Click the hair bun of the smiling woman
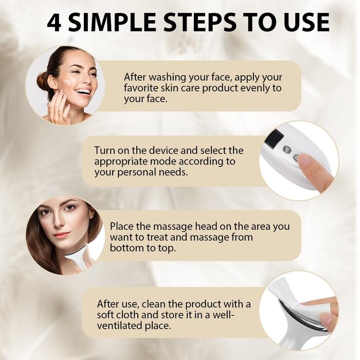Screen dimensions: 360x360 point(43,80)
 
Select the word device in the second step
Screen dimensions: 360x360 point(164,151)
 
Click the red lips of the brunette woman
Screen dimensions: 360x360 point(61,235)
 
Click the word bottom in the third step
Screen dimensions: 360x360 point(125,248)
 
